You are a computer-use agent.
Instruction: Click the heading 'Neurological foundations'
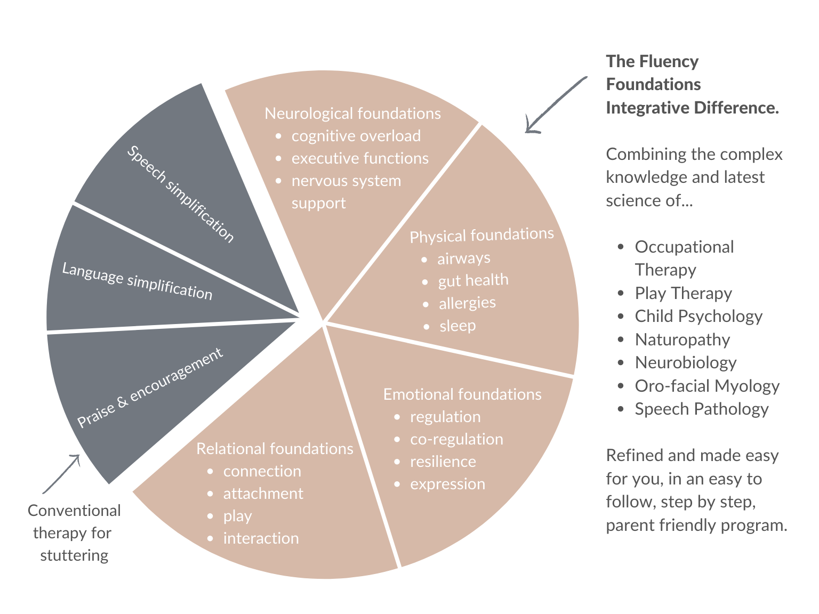tap(352, 114)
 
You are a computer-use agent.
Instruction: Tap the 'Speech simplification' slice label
tap(180, 194)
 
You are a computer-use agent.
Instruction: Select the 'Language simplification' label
tap(137, 281)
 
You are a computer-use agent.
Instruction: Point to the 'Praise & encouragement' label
tap(150, 387)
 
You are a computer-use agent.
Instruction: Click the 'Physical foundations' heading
tap(481, 235)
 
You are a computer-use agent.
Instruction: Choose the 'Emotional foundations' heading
tap(462, 394)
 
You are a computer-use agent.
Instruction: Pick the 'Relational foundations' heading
tap(275, 449)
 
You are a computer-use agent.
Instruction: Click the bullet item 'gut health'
tap(473, 280)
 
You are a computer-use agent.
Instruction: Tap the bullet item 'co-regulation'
tap(456, 439)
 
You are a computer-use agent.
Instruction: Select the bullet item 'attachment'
tap(263, 494)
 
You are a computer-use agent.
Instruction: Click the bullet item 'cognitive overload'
tap(356, 136)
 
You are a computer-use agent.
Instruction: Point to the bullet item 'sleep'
tap(457, 326)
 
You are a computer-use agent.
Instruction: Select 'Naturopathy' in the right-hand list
tap(682, 340)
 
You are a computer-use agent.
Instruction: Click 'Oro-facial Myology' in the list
tap(707, 386)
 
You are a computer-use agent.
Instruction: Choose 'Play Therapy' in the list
tap(683, 293)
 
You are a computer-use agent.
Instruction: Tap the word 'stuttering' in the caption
tap(74, 555)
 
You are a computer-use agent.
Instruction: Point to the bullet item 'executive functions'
tap(360, 158)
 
